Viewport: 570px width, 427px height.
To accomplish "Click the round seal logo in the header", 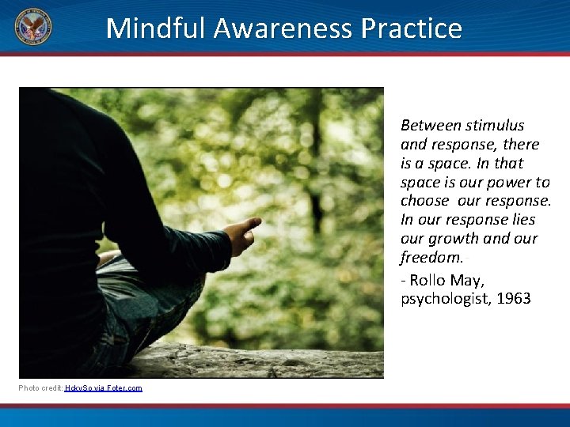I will tap(32, 28).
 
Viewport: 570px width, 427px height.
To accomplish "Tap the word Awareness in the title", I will tap(274, 28).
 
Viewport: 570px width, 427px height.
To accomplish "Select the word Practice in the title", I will tap(411, 28).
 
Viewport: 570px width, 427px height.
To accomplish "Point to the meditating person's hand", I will tap(241, 235).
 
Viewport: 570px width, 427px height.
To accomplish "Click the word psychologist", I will tap(443, 299).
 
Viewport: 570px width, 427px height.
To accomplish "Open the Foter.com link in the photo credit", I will tap(125, 387).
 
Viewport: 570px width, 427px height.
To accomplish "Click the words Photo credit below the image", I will tap(40, 387).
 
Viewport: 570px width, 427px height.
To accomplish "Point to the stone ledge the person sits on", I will tap(261, 360).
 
